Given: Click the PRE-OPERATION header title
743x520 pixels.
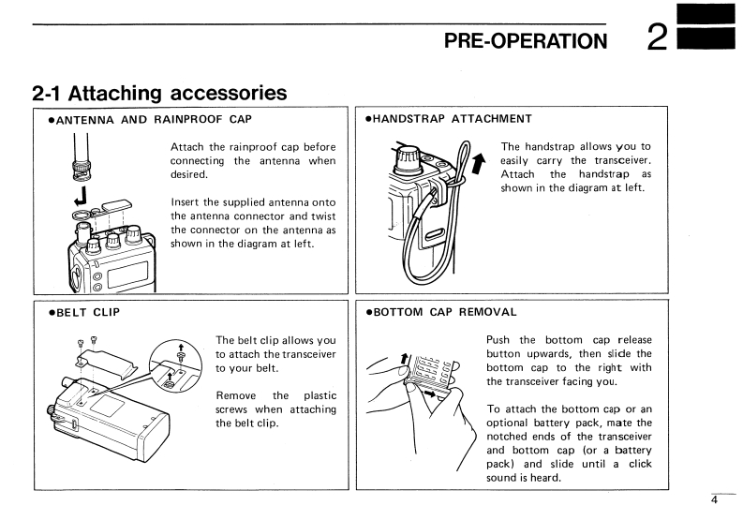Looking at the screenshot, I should click(x=525, y=40).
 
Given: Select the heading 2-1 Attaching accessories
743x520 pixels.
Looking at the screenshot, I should click(x=159, y=93).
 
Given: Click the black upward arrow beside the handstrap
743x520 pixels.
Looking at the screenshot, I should click(x=481, y=163).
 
